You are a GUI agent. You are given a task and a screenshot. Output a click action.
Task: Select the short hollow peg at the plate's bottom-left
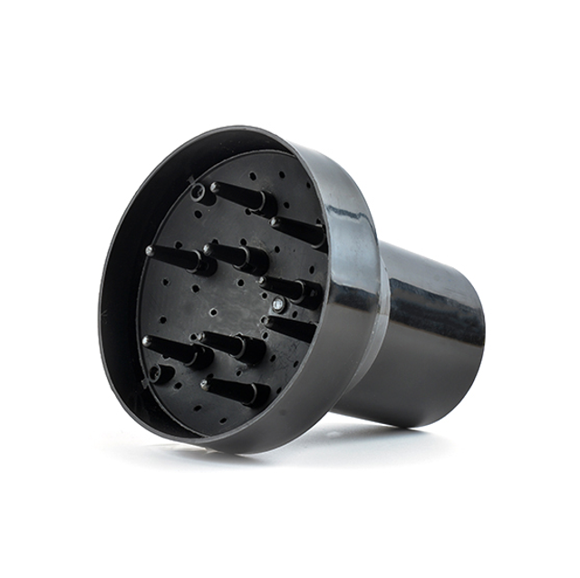pos(159,372)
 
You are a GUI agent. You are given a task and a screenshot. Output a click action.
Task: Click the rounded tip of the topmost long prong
pos(216,188)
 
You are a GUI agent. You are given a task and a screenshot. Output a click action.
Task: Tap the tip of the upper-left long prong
pos(150,250)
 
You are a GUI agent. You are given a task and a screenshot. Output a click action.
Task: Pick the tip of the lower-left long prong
pos(146,342)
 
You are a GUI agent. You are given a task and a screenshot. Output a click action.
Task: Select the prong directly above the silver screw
pos(290,288)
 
